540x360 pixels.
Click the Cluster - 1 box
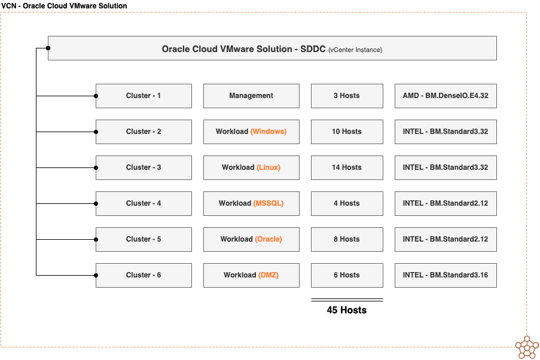tap(144, 96)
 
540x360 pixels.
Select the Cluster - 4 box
tap(144, 203)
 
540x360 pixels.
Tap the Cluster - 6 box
tap(144, 275)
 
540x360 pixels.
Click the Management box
tap(251, 96)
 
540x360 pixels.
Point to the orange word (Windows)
tap(268, 132)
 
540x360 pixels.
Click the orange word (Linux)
tap(269, 167)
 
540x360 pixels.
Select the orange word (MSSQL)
tap(269, 203)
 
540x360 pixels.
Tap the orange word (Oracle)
tap(269, 239)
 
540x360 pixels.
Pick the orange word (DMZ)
tap(269, 275)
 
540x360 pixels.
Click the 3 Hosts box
tap(347, 96)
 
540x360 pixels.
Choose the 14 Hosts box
tap(347, 167)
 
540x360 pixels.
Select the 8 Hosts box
tap(347, 239)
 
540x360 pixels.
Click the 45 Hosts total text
tap(347, 310)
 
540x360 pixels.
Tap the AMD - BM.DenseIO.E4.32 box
tap(446, 96)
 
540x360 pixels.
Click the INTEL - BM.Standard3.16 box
tap(446, 275)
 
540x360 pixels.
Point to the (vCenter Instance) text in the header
tap(355, 50)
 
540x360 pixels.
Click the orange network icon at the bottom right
tap(526, 347)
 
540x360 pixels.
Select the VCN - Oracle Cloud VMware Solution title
tap(64, 6)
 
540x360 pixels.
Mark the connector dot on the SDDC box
tap(48, 48)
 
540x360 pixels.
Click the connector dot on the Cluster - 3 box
tap(96, 167)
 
